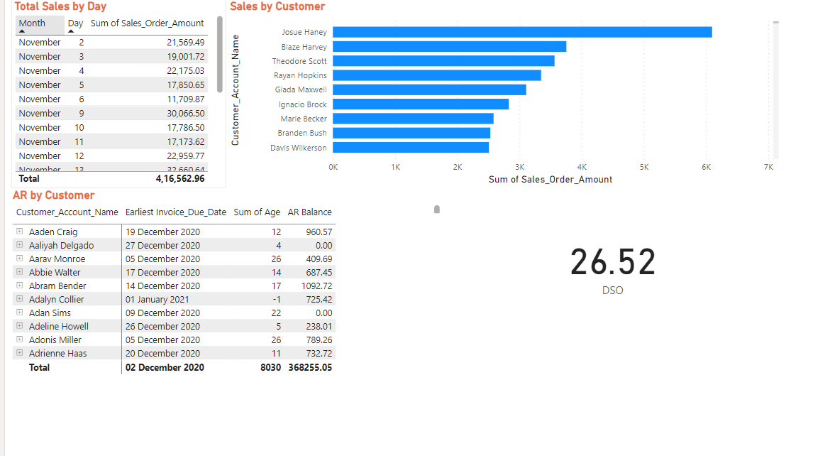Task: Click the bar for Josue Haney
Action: click(x=522, y=32)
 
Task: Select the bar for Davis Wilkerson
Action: click(x=411, y=148)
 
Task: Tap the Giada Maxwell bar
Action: click(x=429, y=89)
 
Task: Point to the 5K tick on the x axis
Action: click(x=643, y=167)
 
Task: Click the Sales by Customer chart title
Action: click(x=277, y=6)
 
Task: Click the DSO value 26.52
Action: click(x=613, y=262)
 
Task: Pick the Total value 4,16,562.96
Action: click(x=180, y=179)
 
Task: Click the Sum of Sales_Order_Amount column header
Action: click(x=147, y=23)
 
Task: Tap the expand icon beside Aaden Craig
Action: click(x=19, y=232)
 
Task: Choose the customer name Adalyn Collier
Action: click(x=56, y=299)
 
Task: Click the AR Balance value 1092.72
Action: click(x=317, y=286)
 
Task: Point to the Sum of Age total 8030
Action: click(x=270, y=367)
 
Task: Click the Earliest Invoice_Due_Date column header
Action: click(x=175, y=212)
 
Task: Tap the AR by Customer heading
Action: click(x=53, y=195)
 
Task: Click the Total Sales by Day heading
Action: click(x=60, y=6)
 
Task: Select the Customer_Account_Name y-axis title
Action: click(x=236, y=90)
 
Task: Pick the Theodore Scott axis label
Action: click(x=299, y=61)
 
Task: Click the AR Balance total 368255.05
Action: click(x=309, y=367)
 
